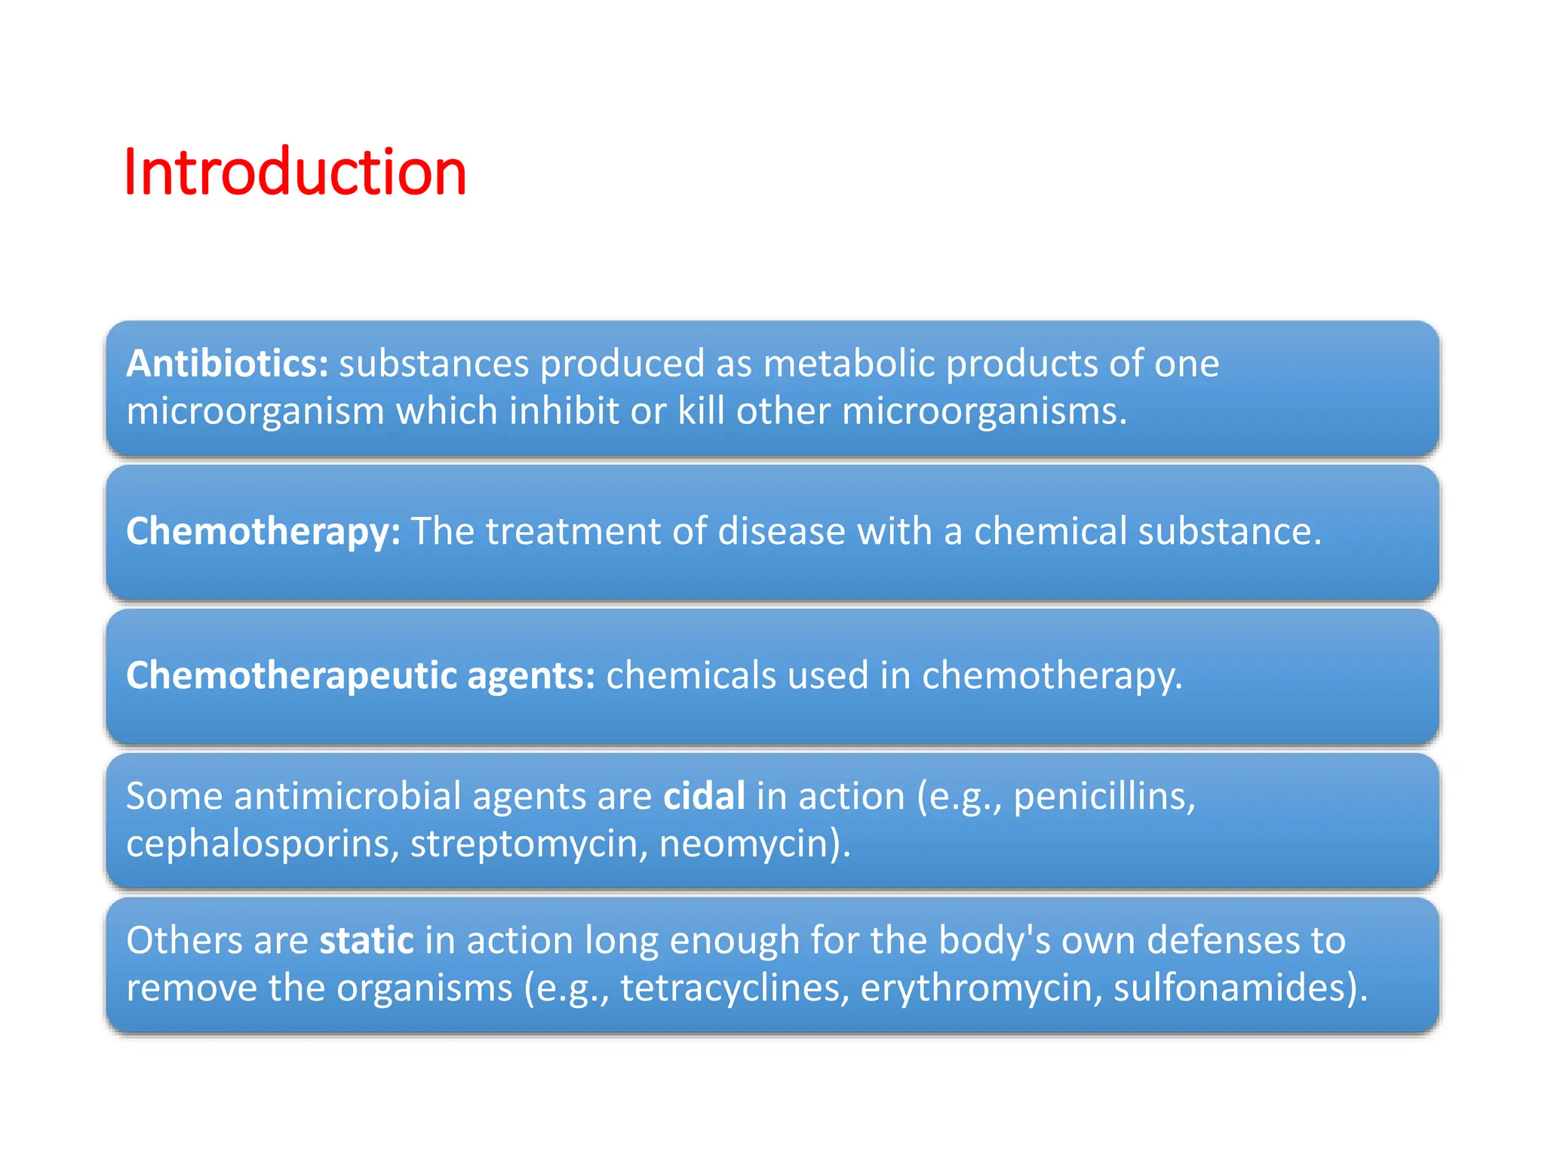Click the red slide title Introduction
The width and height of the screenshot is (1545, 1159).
pos(294,173)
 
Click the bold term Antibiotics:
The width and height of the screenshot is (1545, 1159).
pos(227,364)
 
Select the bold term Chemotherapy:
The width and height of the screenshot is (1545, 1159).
pos(263,531)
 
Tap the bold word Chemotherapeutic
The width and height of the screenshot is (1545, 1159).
pos(291,675)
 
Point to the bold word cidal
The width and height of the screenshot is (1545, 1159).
pos(704,796)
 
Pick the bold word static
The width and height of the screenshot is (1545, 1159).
pos(367,940)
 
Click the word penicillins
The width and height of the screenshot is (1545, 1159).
pos(1104,797)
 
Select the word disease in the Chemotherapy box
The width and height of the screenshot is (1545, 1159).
pos(781,531)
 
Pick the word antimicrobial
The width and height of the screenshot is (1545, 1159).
pos(347,796)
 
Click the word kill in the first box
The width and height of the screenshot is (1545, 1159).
pos(701,411)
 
